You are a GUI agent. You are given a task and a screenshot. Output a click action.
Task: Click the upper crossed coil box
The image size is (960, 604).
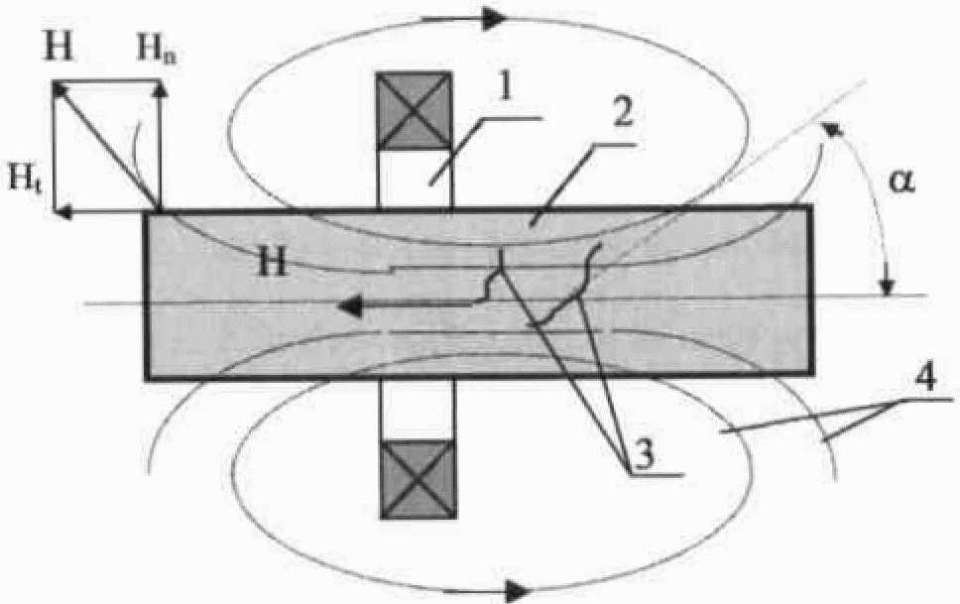click(x=415, y=110)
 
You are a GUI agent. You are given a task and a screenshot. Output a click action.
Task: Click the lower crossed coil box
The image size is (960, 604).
click(x=416, y=478)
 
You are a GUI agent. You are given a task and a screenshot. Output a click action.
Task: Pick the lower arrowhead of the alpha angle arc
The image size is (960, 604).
click(x=888, y=288)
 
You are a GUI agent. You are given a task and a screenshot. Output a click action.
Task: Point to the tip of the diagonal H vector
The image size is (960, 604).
click(x=56, y=85)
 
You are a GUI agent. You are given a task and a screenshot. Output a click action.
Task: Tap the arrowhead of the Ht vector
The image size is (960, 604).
click(x=59, y=210)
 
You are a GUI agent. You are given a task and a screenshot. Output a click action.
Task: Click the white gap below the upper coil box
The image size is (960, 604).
click(x=415, y=178)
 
